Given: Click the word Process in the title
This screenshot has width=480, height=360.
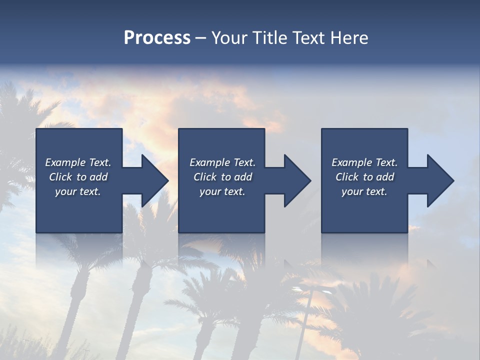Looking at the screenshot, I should [x=157, y=38].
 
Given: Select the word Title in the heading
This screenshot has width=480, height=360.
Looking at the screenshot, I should [x=269, y=38].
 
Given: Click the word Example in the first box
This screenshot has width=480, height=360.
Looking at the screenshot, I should [x=65, y=162].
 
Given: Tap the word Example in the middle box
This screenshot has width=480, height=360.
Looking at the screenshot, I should [x=209, y=162].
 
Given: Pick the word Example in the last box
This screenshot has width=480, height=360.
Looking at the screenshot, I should [x=351, y=162].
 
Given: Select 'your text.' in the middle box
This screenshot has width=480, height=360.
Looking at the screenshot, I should [x=222, y=191].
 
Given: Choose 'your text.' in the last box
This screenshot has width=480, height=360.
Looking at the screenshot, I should [x=364, y=191].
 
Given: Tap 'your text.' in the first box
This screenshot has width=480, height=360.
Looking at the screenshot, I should [x=78, y=191].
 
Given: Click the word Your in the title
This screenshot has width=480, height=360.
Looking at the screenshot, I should [x=229, y=38].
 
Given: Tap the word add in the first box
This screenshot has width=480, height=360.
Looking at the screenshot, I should [x=98, y=177].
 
